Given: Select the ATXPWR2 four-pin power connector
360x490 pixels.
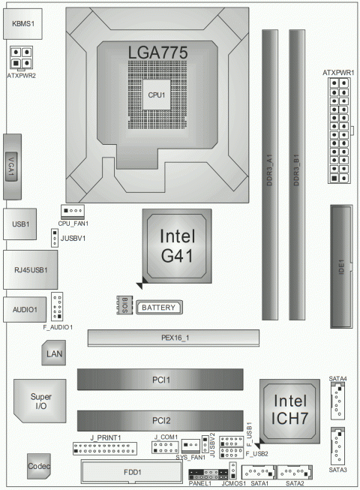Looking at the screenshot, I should (x=21, y=57).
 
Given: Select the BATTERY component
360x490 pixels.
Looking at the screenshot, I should (x=158, y=308).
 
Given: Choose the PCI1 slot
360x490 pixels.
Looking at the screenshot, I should (x=159, y=380).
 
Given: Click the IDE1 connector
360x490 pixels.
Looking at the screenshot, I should (x=340, y=268).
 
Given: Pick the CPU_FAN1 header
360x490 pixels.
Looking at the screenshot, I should (x=73, y=212).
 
